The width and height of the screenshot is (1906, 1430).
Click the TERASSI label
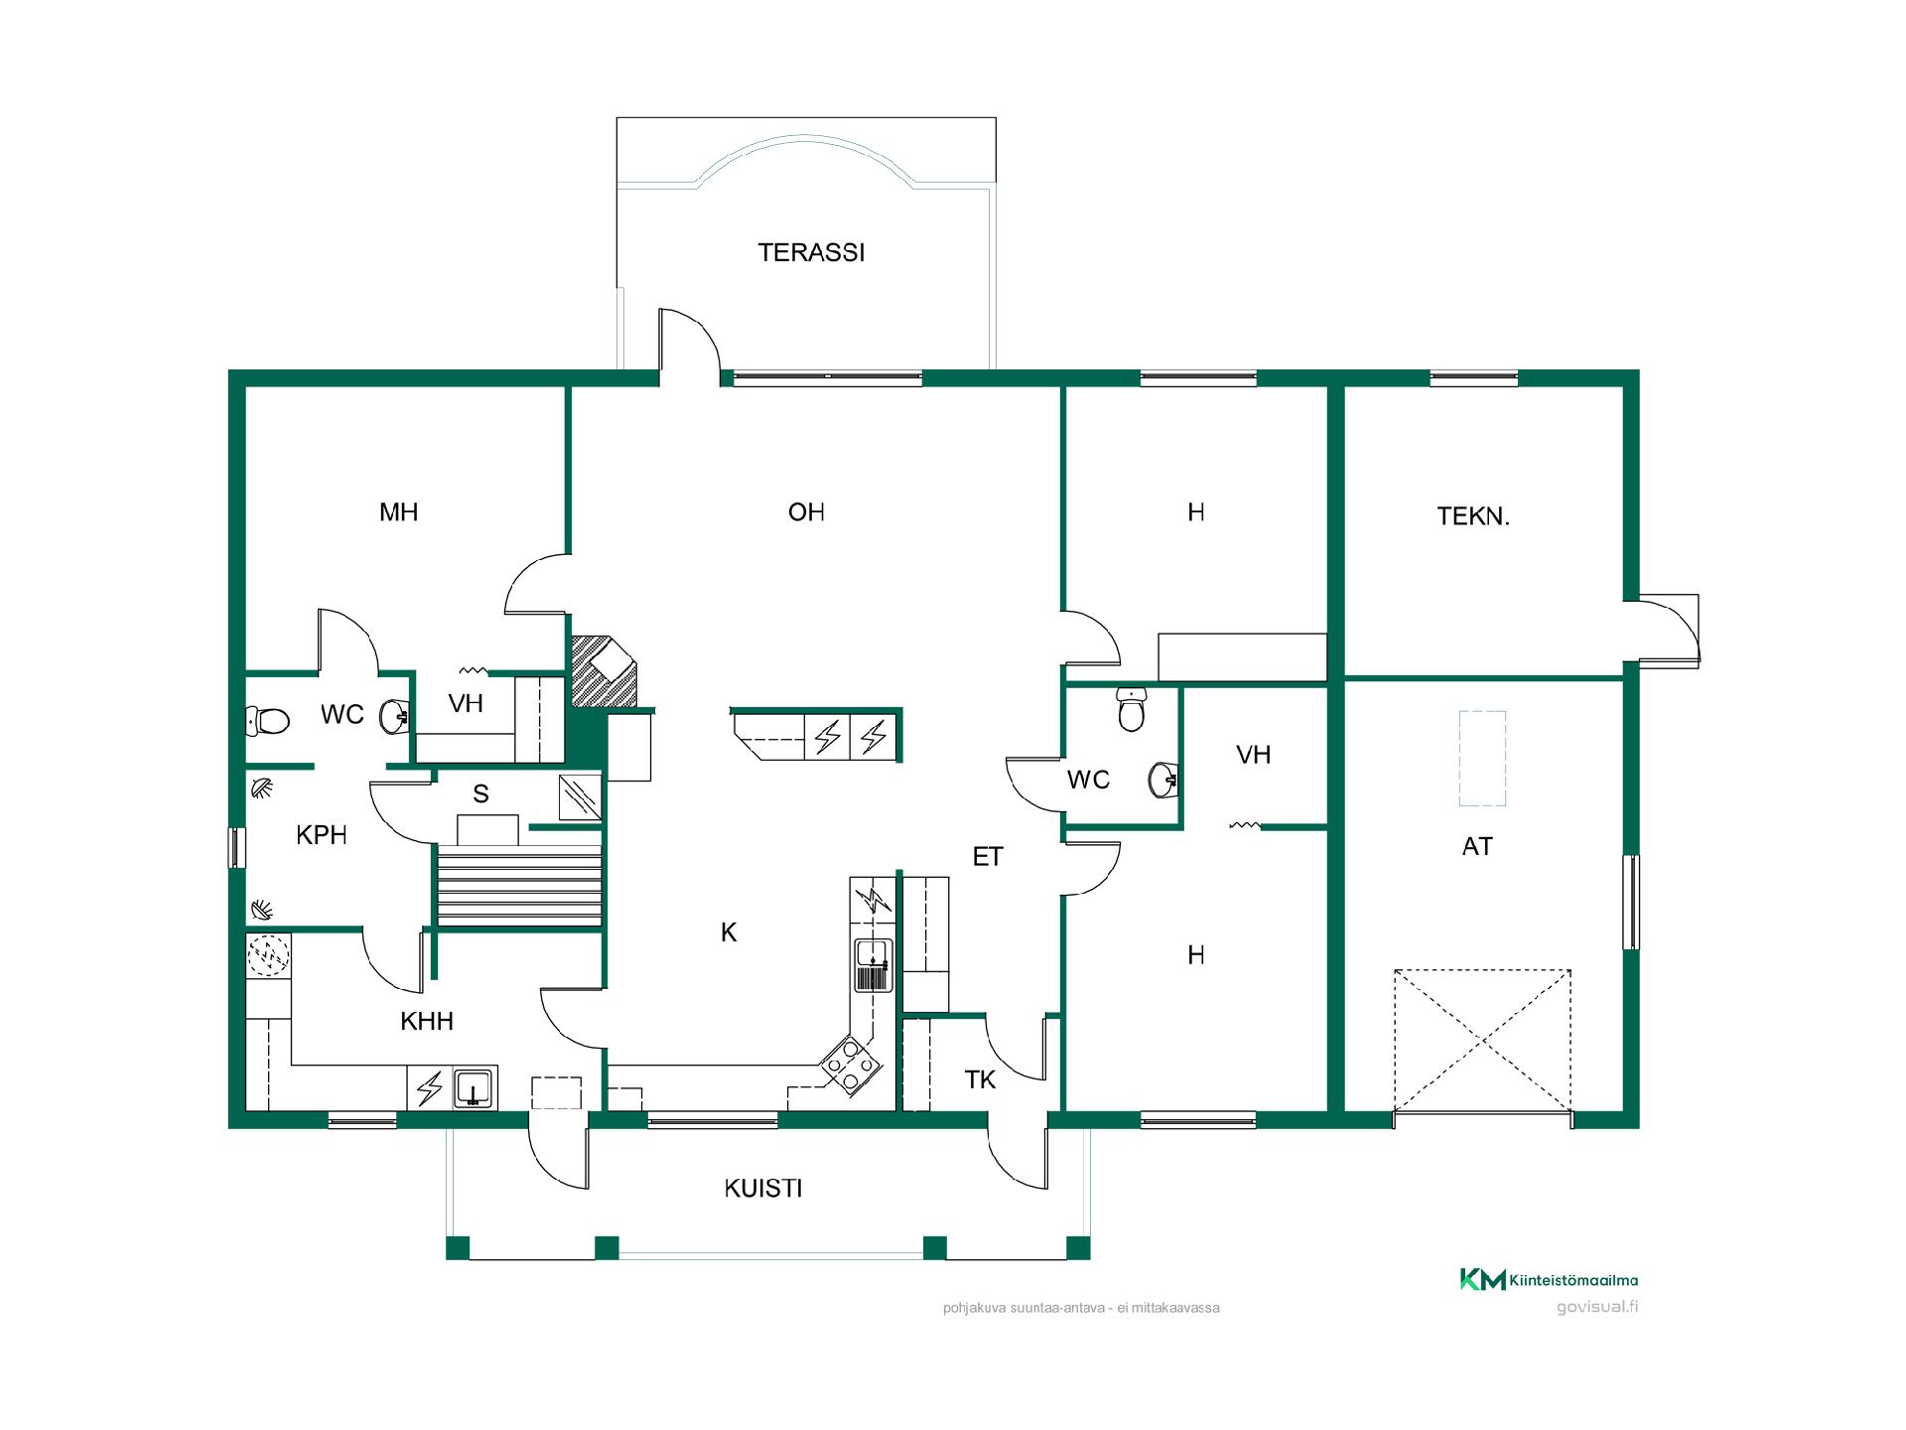[x=811, y=253]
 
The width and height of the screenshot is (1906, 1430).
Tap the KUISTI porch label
[x=763, y=1189]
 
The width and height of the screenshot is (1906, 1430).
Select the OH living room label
[x=806, y=512]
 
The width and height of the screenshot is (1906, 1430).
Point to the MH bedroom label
[x=399, y=512]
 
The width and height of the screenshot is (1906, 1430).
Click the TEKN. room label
[x=1473, y=516]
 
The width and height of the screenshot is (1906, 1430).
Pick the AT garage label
[x=1477, y=847]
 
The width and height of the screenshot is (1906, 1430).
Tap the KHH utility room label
[x=427, y=1021]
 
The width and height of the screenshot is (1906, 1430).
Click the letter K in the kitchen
[x=729, y=932]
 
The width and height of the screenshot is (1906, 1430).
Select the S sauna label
[x=480, y=794]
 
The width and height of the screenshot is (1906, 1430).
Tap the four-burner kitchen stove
[x=851, y=1065]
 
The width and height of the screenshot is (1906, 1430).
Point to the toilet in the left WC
[x=267, y=720]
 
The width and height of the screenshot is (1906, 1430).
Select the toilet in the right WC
[x=1131, y=709]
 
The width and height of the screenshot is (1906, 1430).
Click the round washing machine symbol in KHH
[x=268, y=956]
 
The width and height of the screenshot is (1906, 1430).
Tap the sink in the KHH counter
[x=476, y=1088]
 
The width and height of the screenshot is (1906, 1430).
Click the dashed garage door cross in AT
[x=1482, y=1041]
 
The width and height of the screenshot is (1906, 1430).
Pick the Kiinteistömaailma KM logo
[x=1549, y=1280]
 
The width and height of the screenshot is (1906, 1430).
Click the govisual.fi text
[x=1597, y=1307]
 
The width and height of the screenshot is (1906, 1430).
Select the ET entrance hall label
[x=988, y=857]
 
